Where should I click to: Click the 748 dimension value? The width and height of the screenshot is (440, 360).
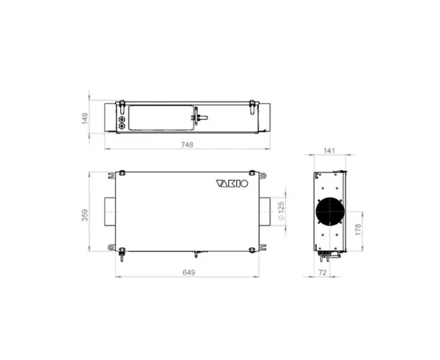[x=187, y=145]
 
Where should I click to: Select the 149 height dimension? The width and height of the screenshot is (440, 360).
[x=85, y=118]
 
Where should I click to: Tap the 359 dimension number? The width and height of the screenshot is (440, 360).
[x=85, y=215]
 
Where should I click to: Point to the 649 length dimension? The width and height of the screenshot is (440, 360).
[x=189, y=273]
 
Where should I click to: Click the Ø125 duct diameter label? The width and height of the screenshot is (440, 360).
[x=282, y=210]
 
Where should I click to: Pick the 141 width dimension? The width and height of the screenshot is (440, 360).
[x=329, y=150]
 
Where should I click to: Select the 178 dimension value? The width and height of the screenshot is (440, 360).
[x=358, y=230]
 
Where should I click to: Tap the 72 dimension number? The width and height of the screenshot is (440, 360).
[x=323, y=273]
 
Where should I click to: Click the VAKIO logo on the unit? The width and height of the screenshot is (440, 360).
[x=232, y=183]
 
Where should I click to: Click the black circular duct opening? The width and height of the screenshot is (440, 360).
[x=330, y=211]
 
